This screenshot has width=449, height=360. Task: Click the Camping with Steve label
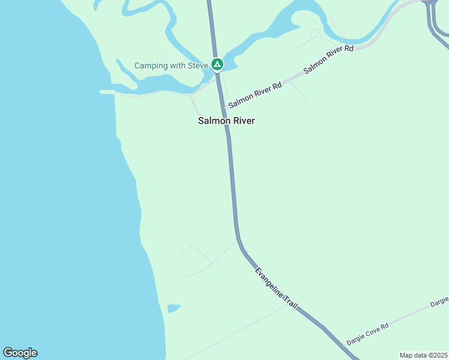click(171, 65)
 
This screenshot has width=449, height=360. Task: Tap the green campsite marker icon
click(217, 65)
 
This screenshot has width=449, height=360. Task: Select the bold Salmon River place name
click(226, 121)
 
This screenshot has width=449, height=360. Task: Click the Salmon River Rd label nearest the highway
click(255, 95)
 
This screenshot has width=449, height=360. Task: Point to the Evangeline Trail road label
click(276, 289)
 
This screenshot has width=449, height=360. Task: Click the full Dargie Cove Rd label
click(368, 334)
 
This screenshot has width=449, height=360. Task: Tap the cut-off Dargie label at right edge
click(439, 301)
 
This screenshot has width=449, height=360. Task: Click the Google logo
click(20, 353)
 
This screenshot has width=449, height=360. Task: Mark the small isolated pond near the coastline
click(173, 308)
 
